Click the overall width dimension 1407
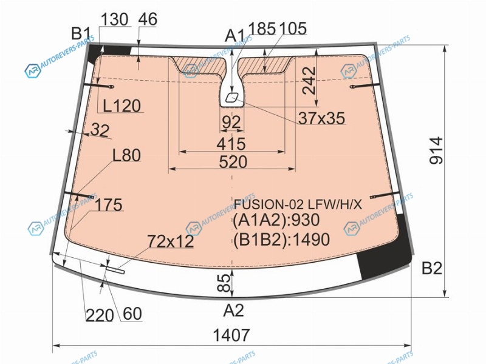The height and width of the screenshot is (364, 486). pos(231,335)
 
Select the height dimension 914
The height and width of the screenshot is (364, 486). pos(437,150)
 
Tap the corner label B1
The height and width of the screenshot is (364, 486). pos(81,33)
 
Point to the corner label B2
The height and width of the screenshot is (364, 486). pos(432,268)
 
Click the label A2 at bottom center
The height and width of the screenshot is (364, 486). pos(234,310)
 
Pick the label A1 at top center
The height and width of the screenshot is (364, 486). pos(234,35)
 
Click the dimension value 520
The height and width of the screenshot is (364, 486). pos(233,162)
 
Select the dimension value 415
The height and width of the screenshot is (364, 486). pos(231,144)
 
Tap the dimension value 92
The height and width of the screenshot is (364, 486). pos(231,123)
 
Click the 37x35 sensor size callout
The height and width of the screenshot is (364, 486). pos(322,118)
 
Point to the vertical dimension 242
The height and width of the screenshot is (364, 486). pos(309,81)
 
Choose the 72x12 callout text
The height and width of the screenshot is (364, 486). pos(171,241)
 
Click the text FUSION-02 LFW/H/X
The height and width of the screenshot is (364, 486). pos(298,204)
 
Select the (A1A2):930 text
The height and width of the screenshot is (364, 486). pos(276,220)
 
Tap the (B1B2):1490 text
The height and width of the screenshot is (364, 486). pos(281,239)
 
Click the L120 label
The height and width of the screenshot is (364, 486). pos(122,106)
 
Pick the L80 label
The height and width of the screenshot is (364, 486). pos(126,155)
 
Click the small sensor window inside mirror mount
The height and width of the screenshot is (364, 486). pos(231,98)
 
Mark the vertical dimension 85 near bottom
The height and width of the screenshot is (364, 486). pos(225,283)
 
